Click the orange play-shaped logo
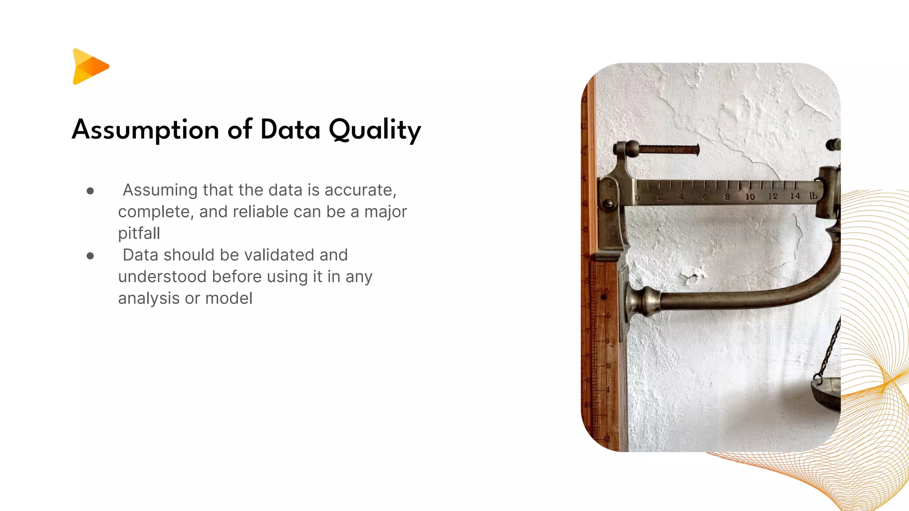pos(90,67)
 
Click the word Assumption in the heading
pos(146,130)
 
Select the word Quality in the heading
pos(375,130)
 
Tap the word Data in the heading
pos(290,130)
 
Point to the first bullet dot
pos(91,191)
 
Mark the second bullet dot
pos(91,256)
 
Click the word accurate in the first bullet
pos(360,190)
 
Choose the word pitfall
pos(139,233)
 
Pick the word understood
pos(162,277)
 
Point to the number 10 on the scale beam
pos(750,197)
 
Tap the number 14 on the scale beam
pos(794,196)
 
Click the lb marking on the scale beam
pos(813,196)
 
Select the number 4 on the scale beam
pos(681,197)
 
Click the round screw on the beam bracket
pos(608,204)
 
